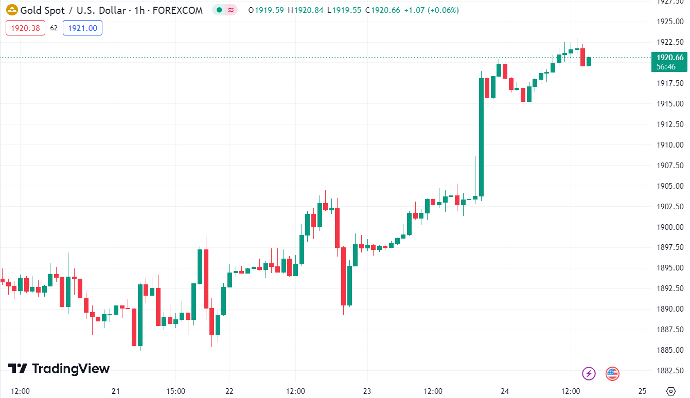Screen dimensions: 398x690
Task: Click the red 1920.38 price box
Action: point(25,28)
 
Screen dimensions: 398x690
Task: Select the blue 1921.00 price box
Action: point(82,28)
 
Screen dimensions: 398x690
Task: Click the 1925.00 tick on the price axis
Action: point(669,22)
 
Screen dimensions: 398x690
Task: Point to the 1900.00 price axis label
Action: point(669,227)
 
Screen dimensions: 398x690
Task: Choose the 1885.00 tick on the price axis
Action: point(669,350)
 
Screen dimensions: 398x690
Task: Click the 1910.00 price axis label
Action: point(669,144)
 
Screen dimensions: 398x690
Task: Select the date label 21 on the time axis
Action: point(115,391)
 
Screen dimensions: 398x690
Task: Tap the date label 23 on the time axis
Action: point(366,391)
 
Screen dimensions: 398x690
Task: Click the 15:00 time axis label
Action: point(176,391)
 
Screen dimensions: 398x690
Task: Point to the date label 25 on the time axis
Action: point(642,391)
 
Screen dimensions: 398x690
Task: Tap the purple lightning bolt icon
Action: point(589,373)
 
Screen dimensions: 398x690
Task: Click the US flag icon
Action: point(612,373)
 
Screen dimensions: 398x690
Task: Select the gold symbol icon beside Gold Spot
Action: point(11,10)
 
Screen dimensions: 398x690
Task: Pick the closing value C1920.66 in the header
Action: point(382,10)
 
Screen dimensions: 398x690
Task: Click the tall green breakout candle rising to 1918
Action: point(482,137)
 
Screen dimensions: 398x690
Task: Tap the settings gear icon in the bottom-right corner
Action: point(670,391)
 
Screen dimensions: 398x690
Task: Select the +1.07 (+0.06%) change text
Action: point(431,10)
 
